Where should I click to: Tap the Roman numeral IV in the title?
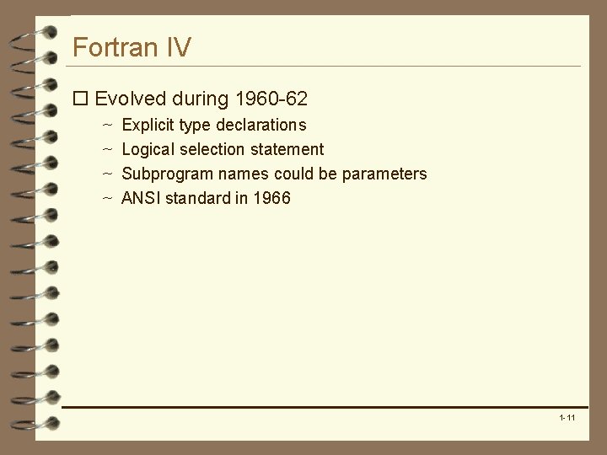click(178, 47)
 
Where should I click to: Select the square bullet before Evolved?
click(80, 99)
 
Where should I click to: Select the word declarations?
click(261, 125)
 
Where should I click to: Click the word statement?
click(289, 149)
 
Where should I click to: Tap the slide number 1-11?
click(567, 418)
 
